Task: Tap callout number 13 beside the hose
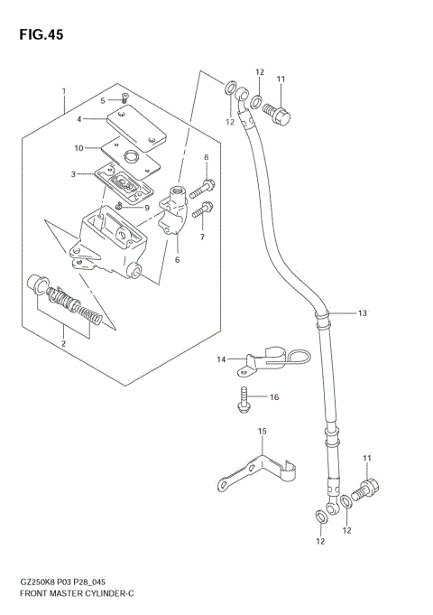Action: (362, 313)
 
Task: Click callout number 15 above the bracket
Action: (263, 432)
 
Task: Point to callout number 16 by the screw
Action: (274, 396)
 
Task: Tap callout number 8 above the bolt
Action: (206, 158)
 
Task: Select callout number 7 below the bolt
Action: (202, 237)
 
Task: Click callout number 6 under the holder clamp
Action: (177, 260)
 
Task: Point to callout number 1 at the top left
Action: (63, 91)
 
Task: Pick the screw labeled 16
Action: (244, 400)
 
